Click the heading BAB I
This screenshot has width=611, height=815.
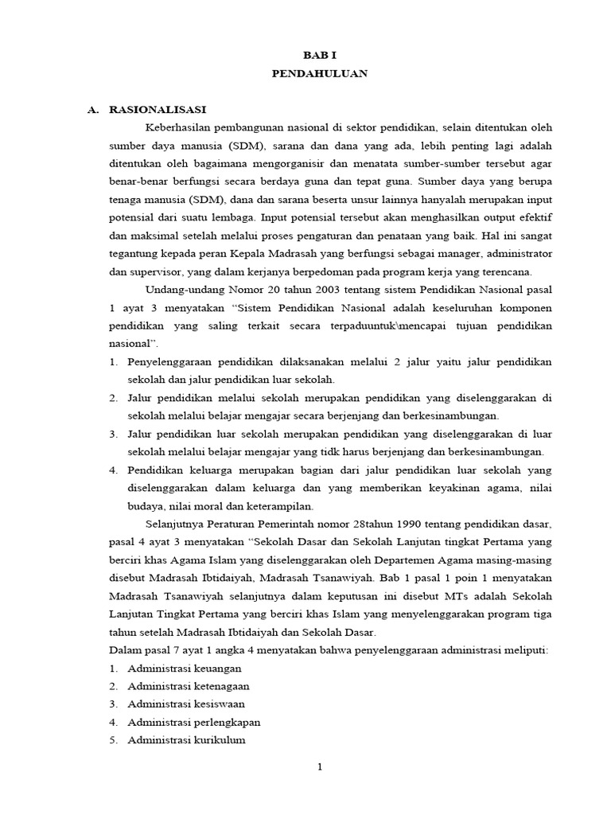pos(320,55)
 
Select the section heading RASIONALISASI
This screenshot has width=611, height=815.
pos(158,110)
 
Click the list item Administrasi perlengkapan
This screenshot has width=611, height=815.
pos(194,722)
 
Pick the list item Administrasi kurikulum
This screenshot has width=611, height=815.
pos(187,739)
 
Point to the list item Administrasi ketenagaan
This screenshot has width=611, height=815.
pos(189,686)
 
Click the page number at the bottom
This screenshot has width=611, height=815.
pos(320,767)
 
